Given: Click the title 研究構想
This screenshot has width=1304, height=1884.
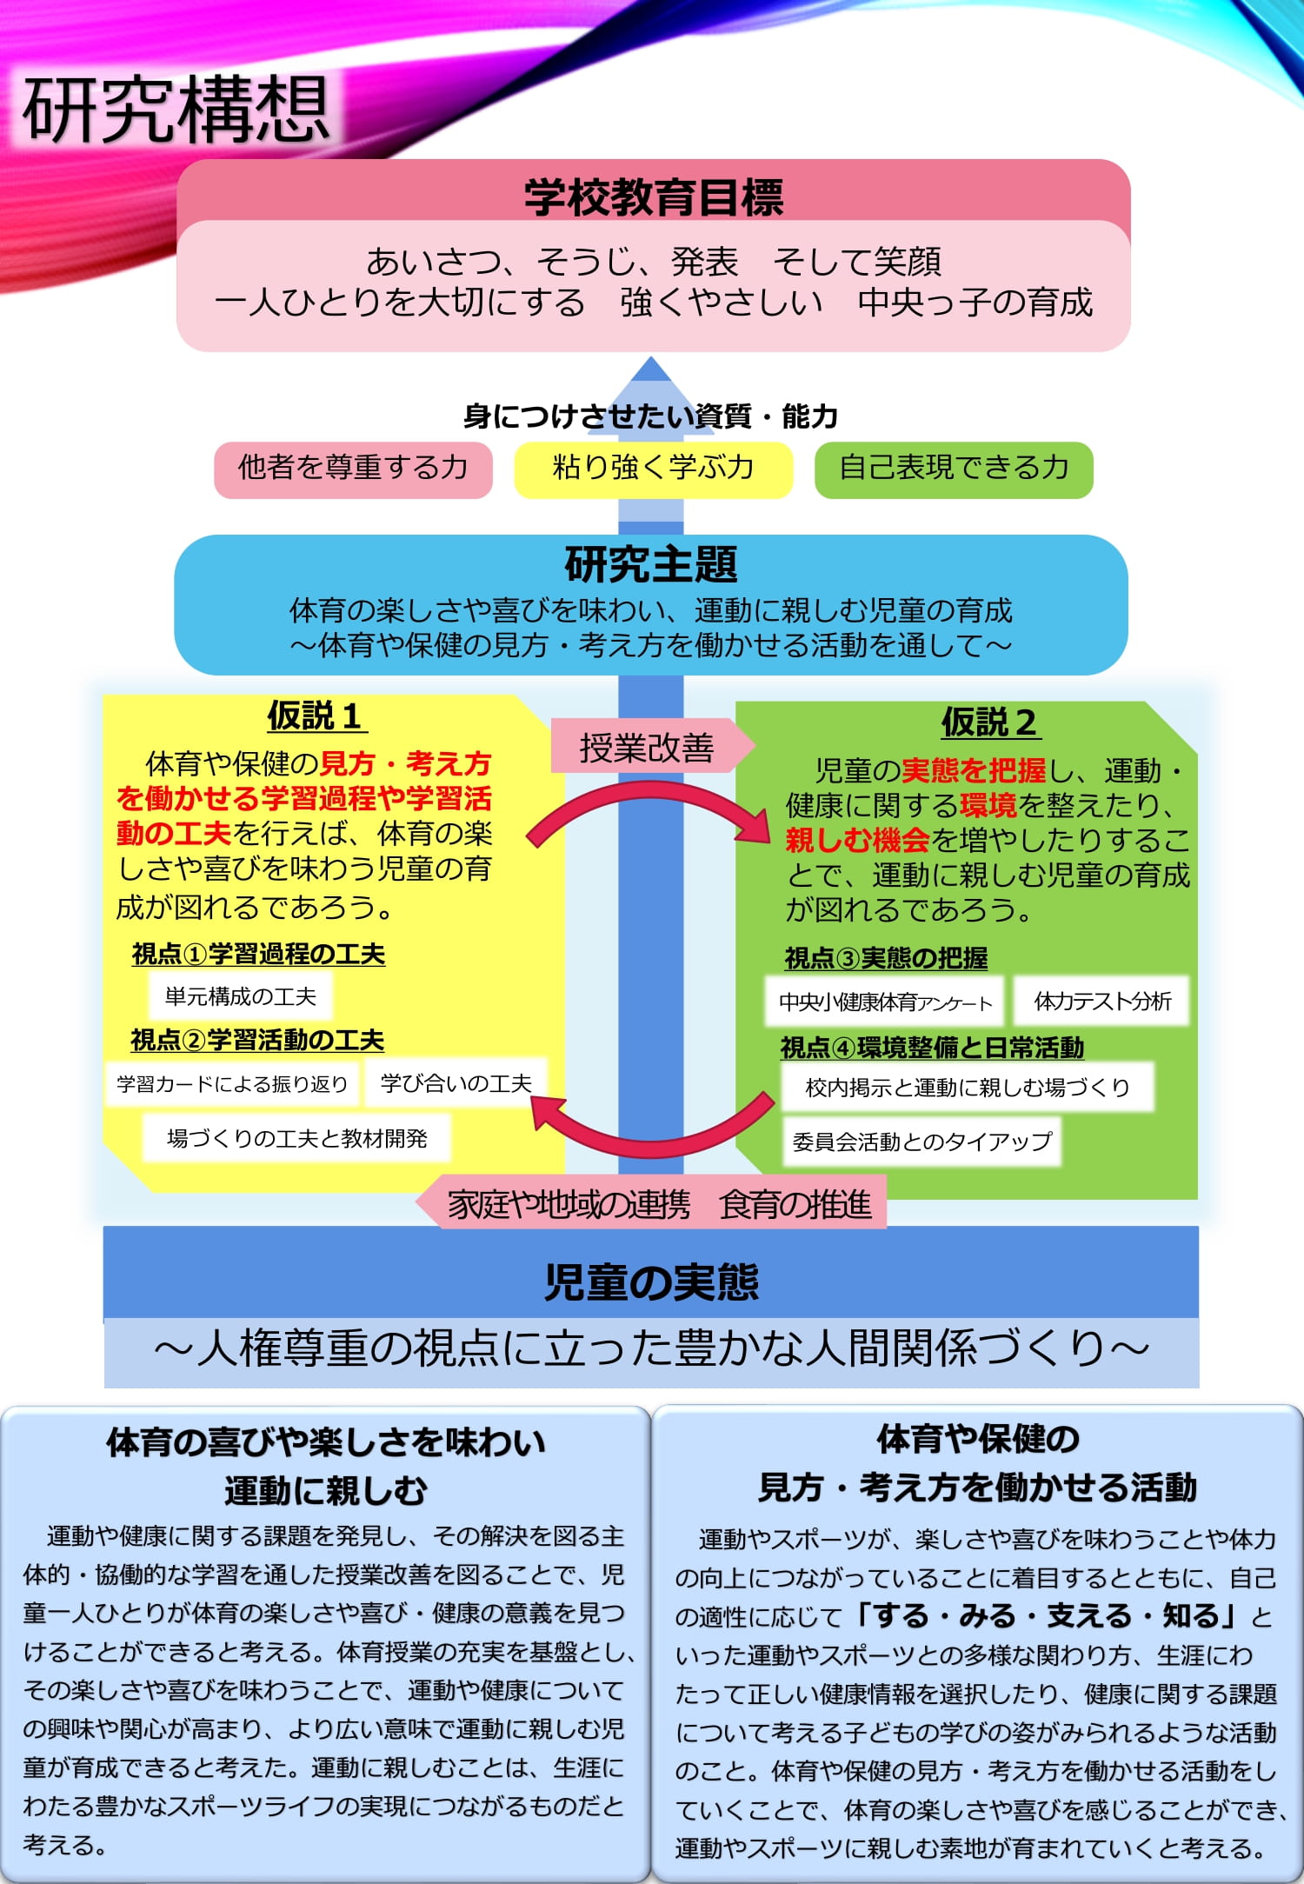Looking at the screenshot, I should (176, 110).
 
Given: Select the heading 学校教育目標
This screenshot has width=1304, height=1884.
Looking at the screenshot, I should (653, 197).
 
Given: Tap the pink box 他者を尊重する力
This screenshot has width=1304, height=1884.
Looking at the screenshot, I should (353, 469).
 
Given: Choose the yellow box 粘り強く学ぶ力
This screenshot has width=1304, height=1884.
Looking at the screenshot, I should (653, 469).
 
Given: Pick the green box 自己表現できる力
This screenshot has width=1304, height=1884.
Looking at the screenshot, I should (953, 469).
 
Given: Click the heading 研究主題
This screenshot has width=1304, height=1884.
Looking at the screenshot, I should (651, 564).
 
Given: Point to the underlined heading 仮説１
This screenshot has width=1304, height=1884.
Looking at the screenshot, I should (315, 716).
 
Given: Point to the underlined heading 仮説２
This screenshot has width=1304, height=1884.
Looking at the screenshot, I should (989, 722).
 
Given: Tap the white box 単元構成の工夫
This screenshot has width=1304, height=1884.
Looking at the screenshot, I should (241, 996).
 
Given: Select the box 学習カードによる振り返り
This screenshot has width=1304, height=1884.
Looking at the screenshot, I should (232, 1084).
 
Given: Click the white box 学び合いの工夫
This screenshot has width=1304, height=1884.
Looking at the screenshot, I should (456, 1083).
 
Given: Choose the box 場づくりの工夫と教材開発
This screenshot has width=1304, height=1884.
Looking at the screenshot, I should (297, 1138).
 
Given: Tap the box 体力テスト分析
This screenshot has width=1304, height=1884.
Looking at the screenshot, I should (1101, 1002).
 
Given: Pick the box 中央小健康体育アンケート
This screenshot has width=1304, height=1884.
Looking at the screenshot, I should (885, 1002).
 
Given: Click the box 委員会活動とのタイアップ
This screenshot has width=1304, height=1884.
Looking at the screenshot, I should (921, 1142).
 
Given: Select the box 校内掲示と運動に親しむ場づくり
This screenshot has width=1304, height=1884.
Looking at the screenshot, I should (967, 1088).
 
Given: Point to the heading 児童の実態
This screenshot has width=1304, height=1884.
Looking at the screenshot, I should (651, 1282).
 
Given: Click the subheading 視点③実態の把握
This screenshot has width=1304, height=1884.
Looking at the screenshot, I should (886, 958).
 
